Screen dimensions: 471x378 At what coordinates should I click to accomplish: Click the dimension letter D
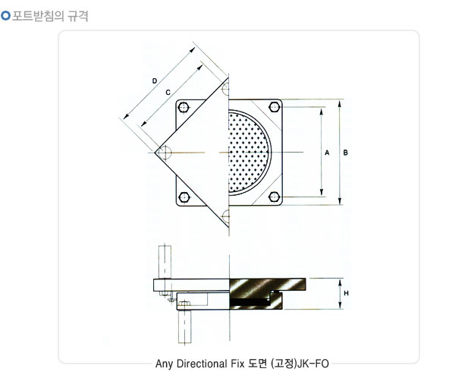click(x=155, y=81)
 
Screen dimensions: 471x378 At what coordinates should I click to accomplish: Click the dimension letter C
click(x=168, y=93)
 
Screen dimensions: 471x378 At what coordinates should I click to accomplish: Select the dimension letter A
click(x=327, y=153)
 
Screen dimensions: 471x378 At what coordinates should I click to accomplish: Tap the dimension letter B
click(x=345, y=153)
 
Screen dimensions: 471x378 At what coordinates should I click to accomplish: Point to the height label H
click(x=346, y=293)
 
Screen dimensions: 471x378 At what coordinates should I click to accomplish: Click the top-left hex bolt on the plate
click(x=184, y=107)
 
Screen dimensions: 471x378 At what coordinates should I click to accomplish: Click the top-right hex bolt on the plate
click(x=275, y=107)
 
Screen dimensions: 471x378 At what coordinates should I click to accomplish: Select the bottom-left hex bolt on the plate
click(x=184, y=197)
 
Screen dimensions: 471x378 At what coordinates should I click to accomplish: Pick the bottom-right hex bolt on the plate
click(x=275, y=197)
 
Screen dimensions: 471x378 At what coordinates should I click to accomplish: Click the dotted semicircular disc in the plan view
click(x=248, y=153)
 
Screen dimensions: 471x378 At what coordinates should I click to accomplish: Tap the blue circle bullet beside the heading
click(x=5, y=15)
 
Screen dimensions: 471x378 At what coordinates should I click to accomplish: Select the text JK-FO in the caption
click(x=313, y=364)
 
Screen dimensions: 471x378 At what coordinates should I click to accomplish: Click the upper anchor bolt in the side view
click(x=165, y=262)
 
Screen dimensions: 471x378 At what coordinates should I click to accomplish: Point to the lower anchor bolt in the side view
click(x=185, y=326)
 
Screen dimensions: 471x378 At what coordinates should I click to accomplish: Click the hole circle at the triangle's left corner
click(x=165, y=153)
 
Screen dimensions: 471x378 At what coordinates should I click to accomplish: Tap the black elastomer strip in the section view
click(x=250, y=301)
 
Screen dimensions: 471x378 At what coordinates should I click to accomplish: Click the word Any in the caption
click(x=164, y=364)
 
